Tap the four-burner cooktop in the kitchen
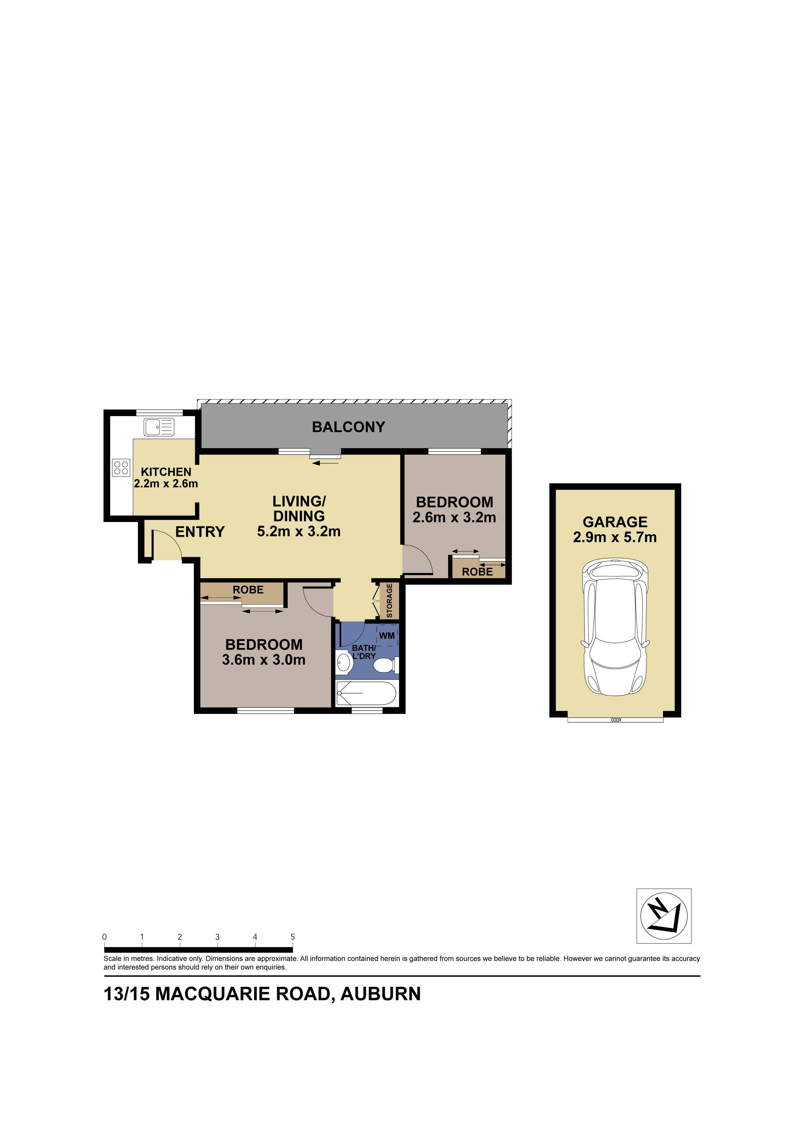click(121, 468)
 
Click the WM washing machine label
click(386, 635)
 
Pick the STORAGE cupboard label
click(389, 601)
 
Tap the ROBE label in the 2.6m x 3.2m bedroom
click(477, 571)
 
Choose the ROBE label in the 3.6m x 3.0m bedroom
click(248, 590)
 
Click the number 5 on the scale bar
click(293, 937)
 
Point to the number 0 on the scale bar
click(105, 937)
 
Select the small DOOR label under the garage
click(616, 720)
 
